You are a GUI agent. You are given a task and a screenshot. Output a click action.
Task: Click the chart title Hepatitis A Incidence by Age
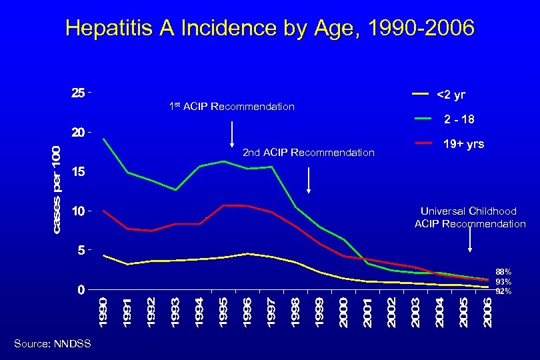[270, 29]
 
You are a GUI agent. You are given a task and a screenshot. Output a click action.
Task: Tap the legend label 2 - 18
[459, 119]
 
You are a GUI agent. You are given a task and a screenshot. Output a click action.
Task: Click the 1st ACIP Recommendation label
[232, 107]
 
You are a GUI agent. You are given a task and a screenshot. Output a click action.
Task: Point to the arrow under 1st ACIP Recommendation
[231, 134]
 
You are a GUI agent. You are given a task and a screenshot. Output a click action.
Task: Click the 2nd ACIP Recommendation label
[308, 153]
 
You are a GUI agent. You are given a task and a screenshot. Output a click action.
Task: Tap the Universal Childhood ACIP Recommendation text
[470, 217]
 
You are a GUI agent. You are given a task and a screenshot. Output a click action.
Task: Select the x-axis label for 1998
[295, 312]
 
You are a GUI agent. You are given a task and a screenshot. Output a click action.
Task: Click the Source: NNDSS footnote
[51, 343]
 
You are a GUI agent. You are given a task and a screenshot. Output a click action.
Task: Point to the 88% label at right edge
[503, 272]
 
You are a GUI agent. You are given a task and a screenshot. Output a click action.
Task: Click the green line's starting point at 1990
[103, 139]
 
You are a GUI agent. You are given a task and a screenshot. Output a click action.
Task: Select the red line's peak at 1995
[224, 205]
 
